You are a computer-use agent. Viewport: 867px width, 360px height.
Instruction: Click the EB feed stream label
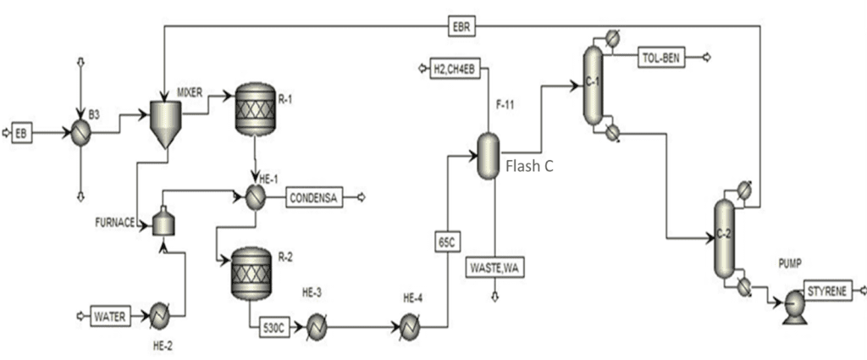[21, 133]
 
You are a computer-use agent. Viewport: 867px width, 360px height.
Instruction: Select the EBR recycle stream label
[461, 26]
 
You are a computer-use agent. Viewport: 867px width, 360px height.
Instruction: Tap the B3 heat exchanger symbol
[81, 133]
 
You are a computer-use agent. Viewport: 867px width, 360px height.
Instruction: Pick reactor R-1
[255, 111]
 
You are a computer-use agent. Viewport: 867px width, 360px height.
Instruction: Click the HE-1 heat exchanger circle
[256, 197]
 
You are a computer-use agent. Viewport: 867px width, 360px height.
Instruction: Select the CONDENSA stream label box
[312, 197]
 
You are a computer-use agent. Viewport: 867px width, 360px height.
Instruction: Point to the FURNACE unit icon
[164, 224]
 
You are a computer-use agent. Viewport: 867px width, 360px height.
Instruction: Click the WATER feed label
[109, 317]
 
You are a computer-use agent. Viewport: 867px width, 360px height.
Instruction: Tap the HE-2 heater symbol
[160, 316]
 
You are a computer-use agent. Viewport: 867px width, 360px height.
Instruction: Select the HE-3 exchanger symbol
[316, 325]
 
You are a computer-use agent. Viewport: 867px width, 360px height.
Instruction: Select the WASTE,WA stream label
[494, 268]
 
